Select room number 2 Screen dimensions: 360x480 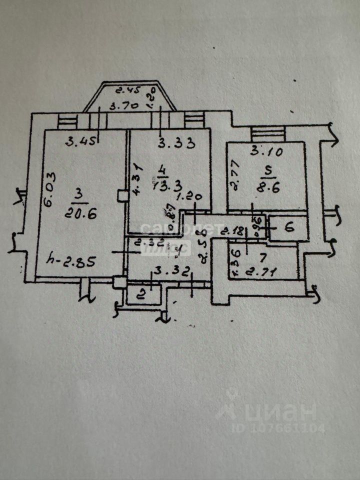pos(141,294)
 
